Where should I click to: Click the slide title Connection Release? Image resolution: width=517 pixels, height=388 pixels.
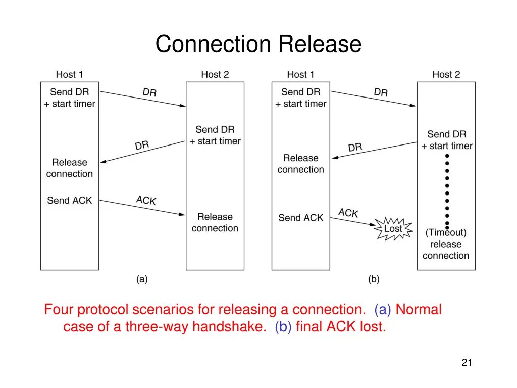click(x=258, y=44)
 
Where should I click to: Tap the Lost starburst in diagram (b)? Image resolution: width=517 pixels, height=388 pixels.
click(x=393, y=229)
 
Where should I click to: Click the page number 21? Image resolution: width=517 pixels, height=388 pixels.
click(x=467, y=362)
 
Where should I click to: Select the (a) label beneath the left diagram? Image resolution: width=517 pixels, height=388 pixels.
click(x=142, y=279)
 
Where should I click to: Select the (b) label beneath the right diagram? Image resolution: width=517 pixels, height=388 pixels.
click(x=374, y=279)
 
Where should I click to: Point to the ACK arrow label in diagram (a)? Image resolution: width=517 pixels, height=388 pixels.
click(x=146, y=200)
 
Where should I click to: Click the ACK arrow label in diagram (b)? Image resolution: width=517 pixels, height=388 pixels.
click(x=348, y=213)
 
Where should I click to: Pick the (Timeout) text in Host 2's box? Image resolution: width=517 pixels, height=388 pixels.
click(x=446, y=233)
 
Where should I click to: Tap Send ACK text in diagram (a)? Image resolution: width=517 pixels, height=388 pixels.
click(x=70, y=201)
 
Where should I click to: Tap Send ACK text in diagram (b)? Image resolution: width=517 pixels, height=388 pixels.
click(x=301, y=218)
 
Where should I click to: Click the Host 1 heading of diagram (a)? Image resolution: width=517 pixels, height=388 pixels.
click(x=69, y=75)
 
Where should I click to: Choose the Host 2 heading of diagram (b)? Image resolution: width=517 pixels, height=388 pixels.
click(x=446, y=75)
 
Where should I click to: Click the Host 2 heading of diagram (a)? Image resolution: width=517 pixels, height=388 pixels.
click(x=215, y=75)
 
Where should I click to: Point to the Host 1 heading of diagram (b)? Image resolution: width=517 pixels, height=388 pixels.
click(x=300, y=75)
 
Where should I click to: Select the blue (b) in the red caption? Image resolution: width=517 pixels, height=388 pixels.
click(x=283, y=327)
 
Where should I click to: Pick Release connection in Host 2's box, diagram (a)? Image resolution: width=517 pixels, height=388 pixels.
click(x=215, y=222)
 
